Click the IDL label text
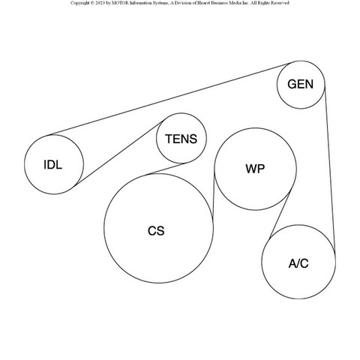pos(53,165)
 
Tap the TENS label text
pos(181,139)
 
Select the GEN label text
pos(300,84)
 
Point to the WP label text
pos(255,169)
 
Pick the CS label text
pos(156,231)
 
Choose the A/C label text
pos(298,263)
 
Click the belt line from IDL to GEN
pos(169,100)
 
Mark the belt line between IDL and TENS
pos(119,153)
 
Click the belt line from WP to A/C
pos(279,215)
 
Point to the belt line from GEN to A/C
pos(330,167)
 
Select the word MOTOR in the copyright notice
pos(120,3)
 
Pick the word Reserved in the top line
pos(280,3)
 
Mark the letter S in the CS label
pos(160,231)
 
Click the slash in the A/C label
pos(298,263)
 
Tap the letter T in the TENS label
pos(169,139)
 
